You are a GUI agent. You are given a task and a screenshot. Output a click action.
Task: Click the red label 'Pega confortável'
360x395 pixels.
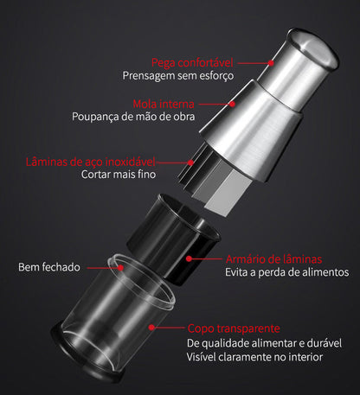[x=192, y=63]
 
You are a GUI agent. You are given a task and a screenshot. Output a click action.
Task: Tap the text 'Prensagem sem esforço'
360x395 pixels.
[x=178, y=76]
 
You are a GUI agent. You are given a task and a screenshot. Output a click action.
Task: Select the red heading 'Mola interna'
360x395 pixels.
[x=164, y=104]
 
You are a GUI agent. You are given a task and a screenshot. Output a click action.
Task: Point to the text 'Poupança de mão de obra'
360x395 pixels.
[x=133, y=117]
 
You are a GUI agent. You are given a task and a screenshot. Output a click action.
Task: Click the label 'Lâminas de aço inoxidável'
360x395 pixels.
[x=91, y=162]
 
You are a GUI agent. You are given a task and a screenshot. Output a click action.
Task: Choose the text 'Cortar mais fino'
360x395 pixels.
[x=119, y=175]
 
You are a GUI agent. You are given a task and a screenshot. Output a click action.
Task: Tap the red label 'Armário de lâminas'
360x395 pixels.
[x=273, y=259]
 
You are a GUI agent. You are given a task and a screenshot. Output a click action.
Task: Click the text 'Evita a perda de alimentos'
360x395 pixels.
[x=287, y=272]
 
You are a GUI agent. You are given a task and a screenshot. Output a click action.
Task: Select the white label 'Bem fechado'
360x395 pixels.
[x=49, y=267]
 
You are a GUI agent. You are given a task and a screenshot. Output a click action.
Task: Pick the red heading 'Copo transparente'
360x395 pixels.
[x=234, y=328]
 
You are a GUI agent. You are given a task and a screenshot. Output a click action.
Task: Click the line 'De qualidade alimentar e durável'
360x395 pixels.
[x=264, y=343]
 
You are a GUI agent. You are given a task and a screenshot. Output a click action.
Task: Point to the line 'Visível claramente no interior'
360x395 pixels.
[x=254, y=357]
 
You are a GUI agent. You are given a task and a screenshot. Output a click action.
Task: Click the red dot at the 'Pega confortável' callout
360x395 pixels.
[x=271, y=63]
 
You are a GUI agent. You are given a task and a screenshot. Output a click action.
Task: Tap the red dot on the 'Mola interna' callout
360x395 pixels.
[x=232, y=104]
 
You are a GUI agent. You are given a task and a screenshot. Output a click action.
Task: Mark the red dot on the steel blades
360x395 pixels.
[x=190, y=162]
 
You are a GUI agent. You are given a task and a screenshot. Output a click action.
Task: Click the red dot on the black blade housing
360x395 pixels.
[x=189, y=258]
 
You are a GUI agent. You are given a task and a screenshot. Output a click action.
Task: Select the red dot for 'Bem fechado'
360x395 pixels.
[x=120, y=268]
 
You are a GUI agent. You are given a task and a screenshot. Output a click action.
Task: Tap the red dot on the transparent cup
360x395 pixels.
[x=151, y=328]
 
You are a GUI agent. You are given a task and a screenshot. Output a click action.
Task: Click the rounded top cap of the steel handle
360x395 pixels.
[x=314, y=49]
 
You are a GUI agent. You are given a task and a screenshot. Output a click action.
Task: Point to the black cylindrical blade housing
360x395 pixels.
[x=174, y=239]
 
